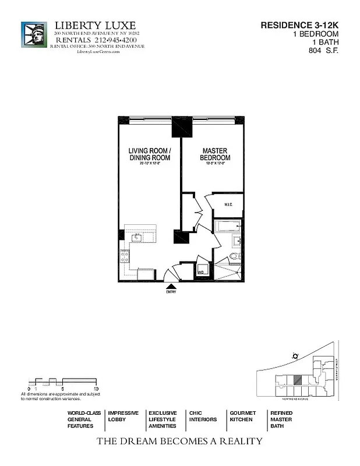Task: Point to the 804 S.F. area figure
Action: pos(323,51)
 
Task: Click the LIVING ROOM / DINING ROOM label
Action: pos(149,154)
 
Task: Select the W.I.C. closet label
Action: pos(227,204)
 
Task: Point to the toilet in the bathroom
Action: pos(234,256)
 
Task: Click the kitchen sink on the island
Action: pos(138,237)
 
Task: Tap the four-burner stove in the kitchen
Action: pos(125,255)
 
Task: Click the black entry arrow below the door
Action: pos(172,285)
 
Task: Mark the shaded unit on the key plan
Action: pos(297,379)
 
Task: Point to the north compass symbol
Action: pos(295,356)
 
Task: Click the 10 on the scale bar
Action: pos(96,388)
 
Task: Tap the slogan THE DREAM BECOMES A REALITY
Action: pos(179,442)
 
